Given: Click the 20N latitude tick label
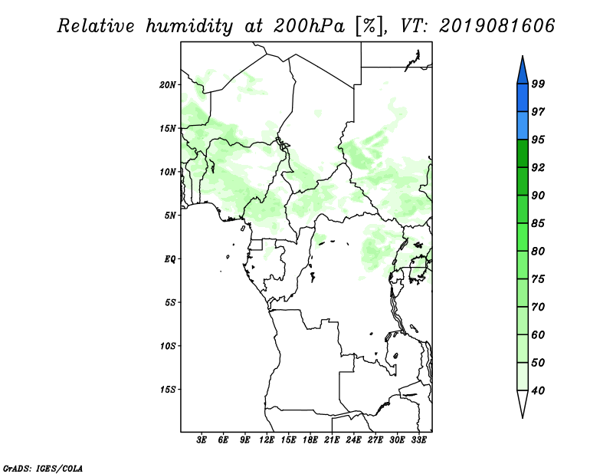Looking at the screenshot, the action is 168,85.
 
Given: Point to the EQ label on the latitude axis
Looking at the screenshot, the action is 170,259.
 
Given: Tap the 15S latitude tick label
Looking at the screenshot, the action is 168,390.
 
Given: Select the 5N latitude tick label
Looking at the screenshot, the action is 170,216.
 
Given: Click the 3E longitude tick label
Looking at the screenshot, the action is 201,439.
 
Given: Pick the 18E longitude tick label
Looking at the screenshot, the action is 310,439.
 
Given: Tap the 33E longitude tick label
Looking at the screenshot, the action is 418,439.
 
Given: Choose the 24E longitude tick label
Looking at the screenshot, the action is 353,439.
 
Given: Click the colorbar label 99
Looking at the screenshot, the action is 538,84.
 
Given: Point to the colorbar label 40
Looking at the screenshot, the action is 538,390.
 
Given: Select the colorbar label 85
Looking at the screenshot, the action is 538,223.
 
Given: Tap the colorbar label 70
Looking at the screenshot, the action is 538,307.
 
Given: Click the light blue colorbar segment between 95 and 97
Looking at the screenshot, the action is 523,126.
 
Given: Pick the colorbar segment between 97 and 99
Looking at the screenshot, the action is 523,98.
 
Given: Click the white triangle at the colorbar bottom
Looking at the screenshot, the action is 523,403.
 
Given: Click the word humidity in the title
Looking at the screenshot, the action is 189,26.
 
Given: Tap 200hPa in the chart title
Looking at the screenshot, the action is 310,26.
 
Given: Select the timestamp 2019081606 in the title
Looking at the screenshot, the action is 497,26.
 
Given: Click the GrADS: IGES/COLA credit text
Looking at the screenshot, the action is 43,468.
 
